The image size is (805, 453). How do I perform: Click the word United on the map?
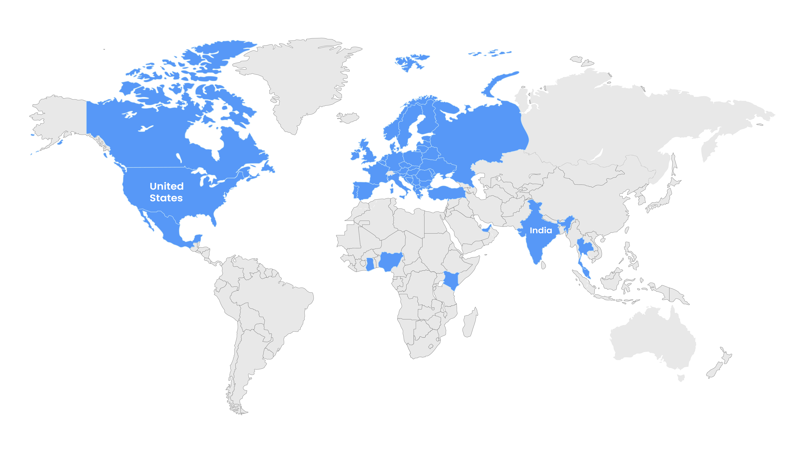point(167,186)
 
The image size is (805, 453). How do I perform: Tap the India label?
point(541,230)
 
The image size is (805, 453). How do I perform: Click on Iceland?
point(348,118)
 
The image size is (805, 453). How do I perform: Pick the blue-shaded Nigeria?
point(390,261)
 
